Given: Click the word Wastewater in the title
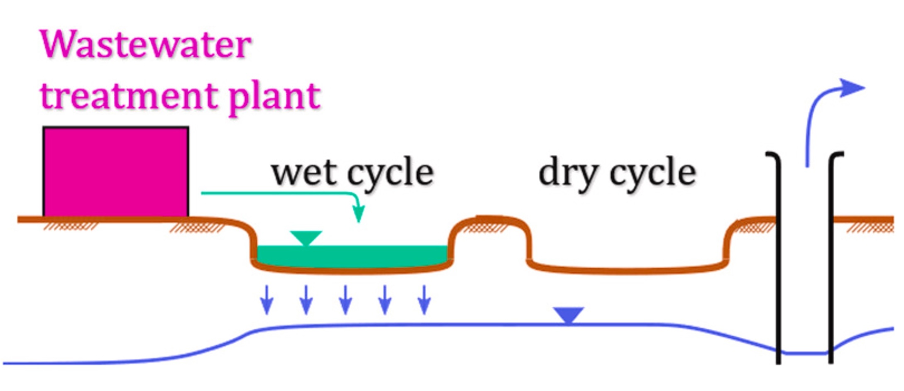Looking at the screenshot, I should tap(145, 45).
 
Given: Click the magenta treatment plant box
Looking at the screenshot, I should tap(116, 171).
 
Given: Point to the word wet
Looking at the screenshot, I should tap(303, 172).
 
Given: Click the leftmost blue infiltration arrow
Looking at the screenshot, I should tap(267, 300).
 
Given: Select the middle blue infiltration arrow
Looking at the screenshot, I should tap(345, 300).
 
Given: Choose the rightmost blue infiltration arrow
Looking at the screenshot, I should tap(424, 300).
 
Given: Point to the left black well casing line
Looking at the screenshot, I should tap(778, 257).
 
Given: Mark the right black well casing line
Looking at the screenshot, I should tap(831, 257).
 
